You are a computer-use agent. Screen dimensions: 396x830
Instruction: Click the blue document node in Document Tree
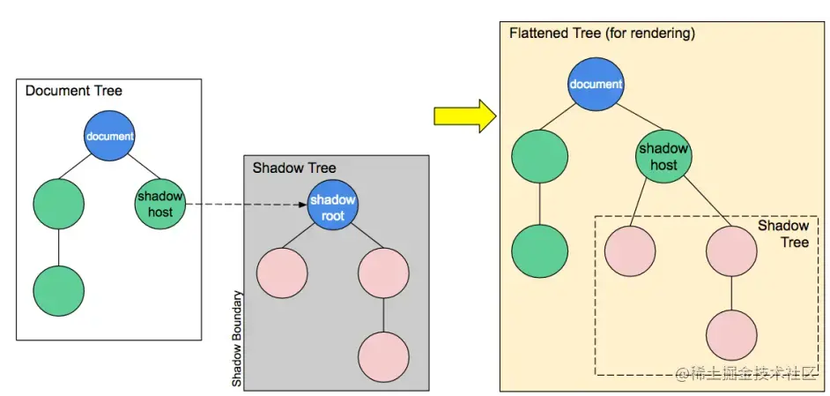[x=109, y=136]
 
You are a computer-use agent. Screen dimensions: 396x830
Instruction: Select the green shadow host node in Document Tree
[x=160, y=204]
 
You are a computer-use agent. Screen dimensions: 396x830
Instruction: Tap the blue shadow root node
[x=332, y=207]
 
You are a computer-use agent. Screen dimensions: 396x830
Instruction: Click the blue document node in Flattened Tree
[x=596, y=85]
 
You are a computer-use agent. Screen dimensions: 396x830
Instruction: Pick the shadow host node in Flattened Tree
[x=663, y=157]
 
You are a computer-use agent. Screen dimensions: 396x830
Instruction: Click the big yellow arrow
[x=465, y=116]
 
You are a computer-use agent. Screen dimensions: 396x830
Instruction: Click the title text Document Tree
[x=74, y=91]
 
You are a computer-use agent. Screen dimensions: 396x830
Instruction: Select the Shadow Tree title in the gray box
[x=294, y=168]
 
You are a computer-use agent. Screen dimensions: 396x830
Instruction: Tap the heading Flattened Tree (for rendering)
[x=602, y=34]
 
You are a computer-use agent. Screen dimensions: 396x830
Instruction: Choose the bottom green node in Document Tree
[x=58, y=289]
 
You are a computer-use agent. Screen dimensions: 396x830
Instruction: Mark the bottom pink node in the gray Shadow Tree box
[x=383, y=356]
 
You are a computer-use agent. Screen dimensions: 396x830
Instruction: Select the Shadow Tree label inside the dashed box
[x=782, y=234]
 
